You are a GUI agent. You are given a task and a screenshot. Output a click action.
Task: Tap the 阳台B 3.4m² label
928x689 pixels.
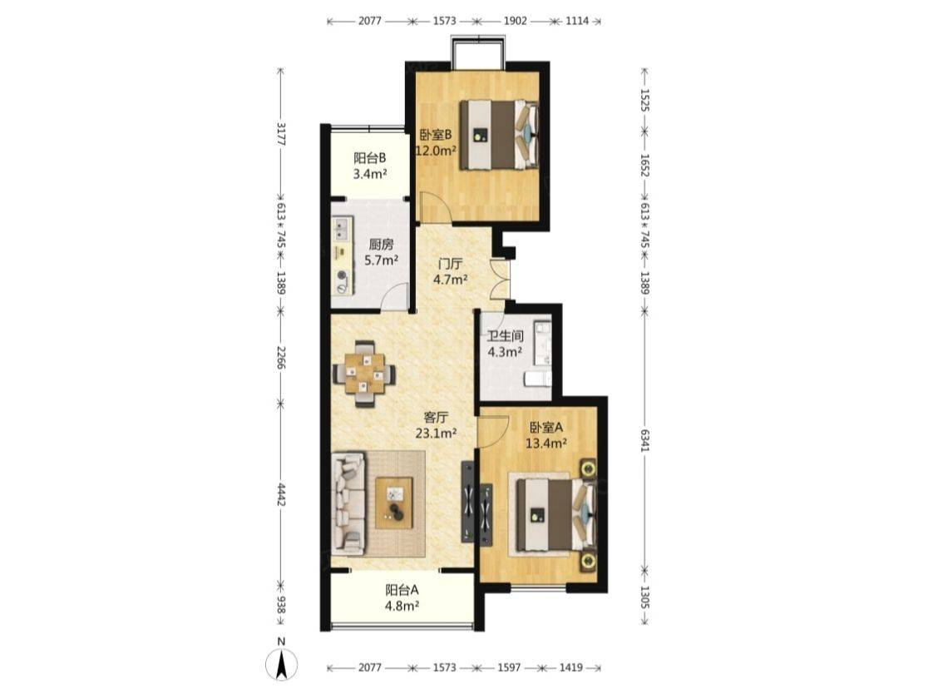370,166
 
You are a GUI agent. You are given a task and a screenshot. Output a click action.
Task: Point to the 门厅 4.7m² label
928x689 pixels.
451,271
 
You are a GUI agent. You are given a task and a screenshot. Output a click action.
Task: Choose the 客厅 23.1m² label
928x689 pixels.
436,424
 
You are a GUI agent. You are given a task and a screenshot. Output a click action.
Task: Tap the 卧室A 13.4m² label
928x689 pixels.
547,434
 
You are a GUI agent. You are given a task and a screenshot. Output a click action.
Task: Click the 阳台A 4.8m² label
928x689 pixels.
402,597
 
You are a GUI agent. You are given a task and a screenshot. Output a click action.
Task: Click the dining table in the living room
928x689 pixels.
364,374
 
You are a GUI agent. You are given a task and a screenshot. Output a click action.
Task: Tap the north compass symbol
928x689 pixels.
282,663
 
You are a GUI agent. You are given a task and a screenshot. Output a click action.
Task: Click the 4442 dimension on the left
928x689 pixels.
282,494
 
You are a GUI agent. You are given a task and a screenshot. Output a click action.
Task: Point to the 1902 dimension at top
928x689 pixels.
515,21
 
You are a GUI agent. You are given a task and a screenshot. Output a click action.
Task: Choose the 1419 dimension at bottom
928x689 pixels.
571,667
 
